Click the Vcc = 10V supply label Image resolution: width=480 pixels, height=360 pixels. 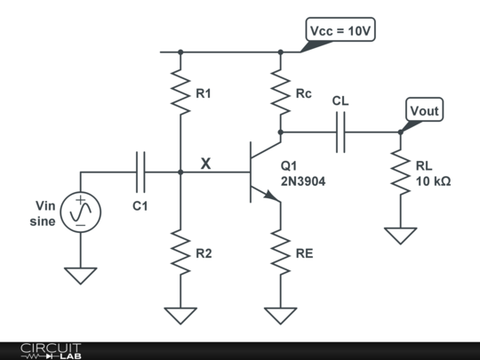point(340,31)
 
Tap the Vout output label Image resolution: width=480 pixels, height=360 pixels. point(424,111)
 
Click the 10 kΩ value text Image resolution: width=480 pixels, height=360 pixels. point(433,180)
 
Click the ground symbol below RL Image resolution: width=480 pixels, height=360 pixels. point(401,235)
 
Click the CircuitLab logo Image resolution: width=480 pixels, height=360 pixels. point(52,349)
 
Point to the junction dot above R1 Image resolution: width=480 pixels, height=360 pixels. point(180,52)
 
